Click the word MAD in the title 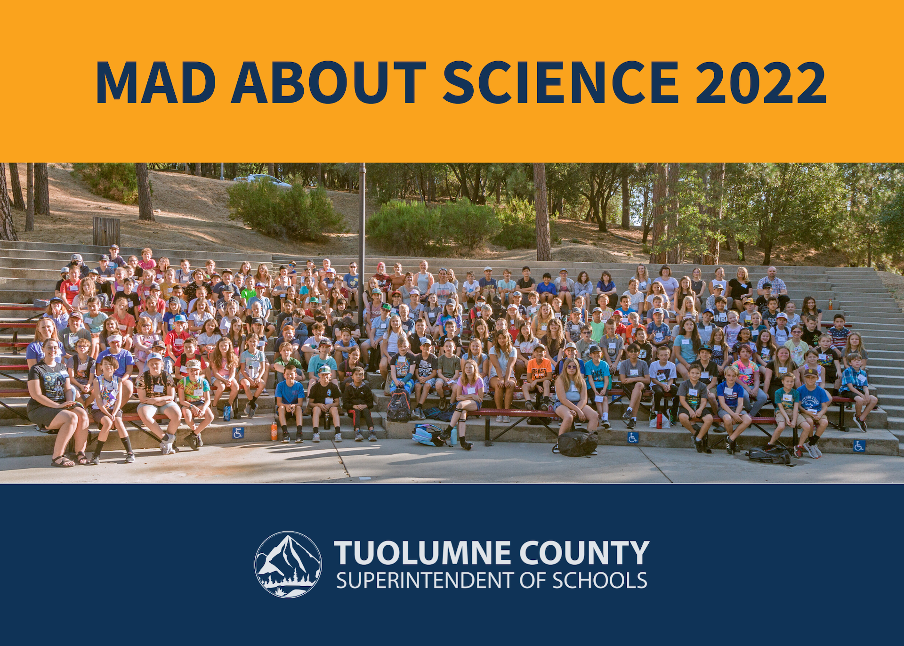[x=156, y=82]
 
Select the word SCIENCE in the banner [x=561, y=82]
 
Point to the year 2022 [x=760, y=82]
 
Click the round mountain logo [x=288, y=565]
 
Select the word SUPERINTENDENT [x=426, y=581]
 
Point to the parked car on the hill [x=262, y=180]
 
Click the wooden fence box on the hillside [x=106, y=231]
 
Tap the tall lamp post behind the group [x=362, y=245]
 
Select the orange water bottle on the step [x=274, y=431]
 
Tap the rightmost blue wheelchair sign [x=859, y=446]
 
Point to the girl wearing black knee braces [x=466, y=403]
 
